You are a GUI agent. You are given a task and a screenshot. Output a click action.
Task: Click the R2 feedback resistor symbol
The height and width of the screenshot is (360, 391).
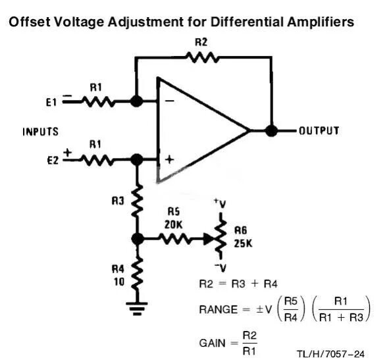(x=202, y=57)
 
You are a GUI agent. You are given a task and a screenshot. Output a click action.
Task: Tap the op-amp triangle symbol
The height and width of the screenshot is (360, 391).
(x=197, y=130)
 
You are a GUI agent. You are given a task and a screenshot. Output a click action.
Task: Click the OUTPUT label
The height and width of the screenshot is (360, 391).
(x=319, y=130)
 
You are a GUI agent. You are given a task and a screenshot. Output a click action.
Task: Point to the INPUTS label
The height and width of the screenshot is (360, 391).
(x=41, y=132)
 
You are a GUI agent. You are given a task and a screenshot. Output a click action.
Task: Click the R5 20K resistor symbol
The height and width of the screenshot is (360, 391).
(x=174, y=240)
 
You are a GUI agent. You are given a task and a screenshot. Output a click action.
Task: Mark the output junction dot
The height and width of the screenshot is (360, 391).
(x=271, y=130)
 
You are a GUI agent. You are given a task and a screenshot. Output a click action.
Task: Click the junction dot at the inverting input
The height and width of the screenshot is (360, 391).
(x=136, y=102)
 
